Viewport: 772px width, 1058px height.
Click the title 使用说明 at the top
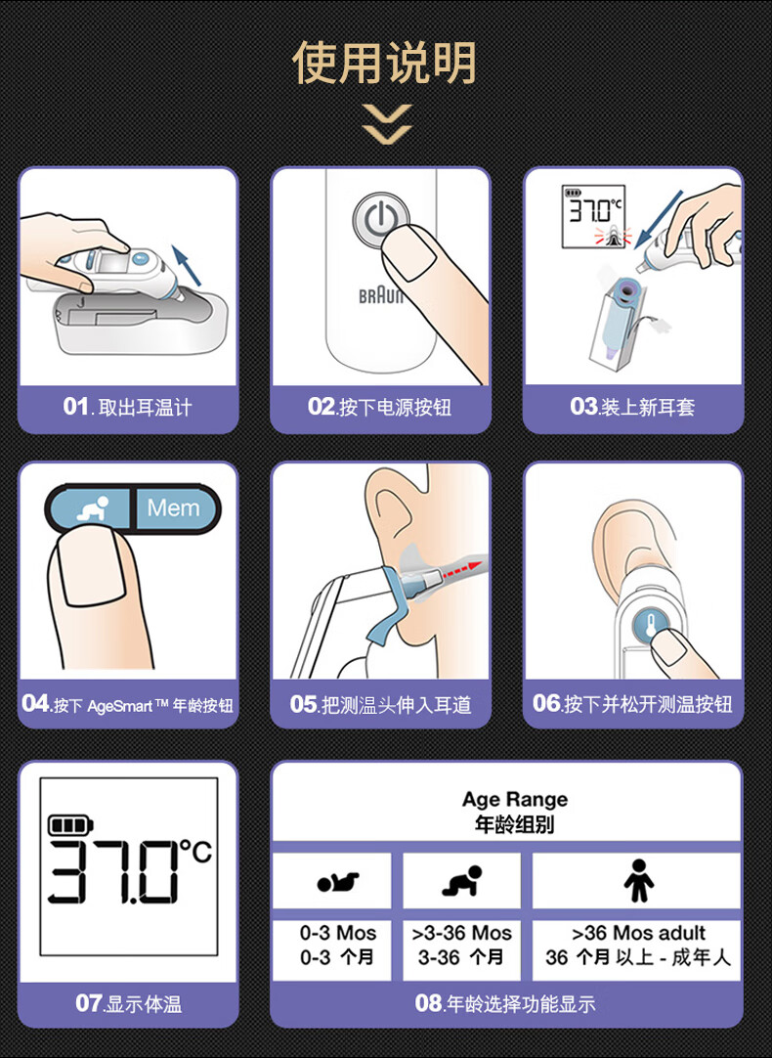click(385, 63)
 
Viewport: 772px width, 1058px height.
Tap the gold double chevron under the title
click(386, 125)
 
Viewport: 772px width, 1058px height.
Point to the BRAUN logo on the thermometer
click(381, 295)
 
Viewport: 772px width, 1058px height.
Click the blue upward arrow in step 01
click(187, 265)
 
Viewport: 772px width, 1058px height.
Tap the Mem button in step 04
click(173, 507)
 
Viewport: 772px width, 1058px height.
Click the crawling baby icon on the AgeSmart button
click(94, 508)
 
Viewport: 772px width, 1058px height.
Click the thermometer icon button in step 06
click(650, 626)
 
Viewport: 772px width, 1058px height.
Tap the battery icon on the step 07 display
click(70, 824)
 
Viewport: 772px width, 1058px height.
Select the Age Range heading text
click(514, 799)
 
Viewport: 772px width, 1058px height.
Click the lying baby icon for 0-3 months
click(338, 881)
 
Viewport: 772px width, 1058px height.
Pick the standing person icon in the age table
click(638, 880)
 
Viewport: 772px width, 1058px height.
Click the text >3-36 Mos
click(462, 933)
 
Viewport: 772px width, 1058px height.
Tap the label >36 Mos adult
click(638, 933)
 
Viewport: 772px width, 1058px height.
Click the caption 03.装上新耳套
click(631, 406)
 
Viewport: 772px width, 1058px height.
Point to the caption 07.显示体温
click(128, 1003)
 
